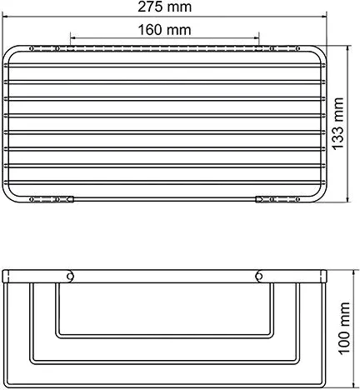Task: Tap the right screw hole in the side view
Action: (257, 274)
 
